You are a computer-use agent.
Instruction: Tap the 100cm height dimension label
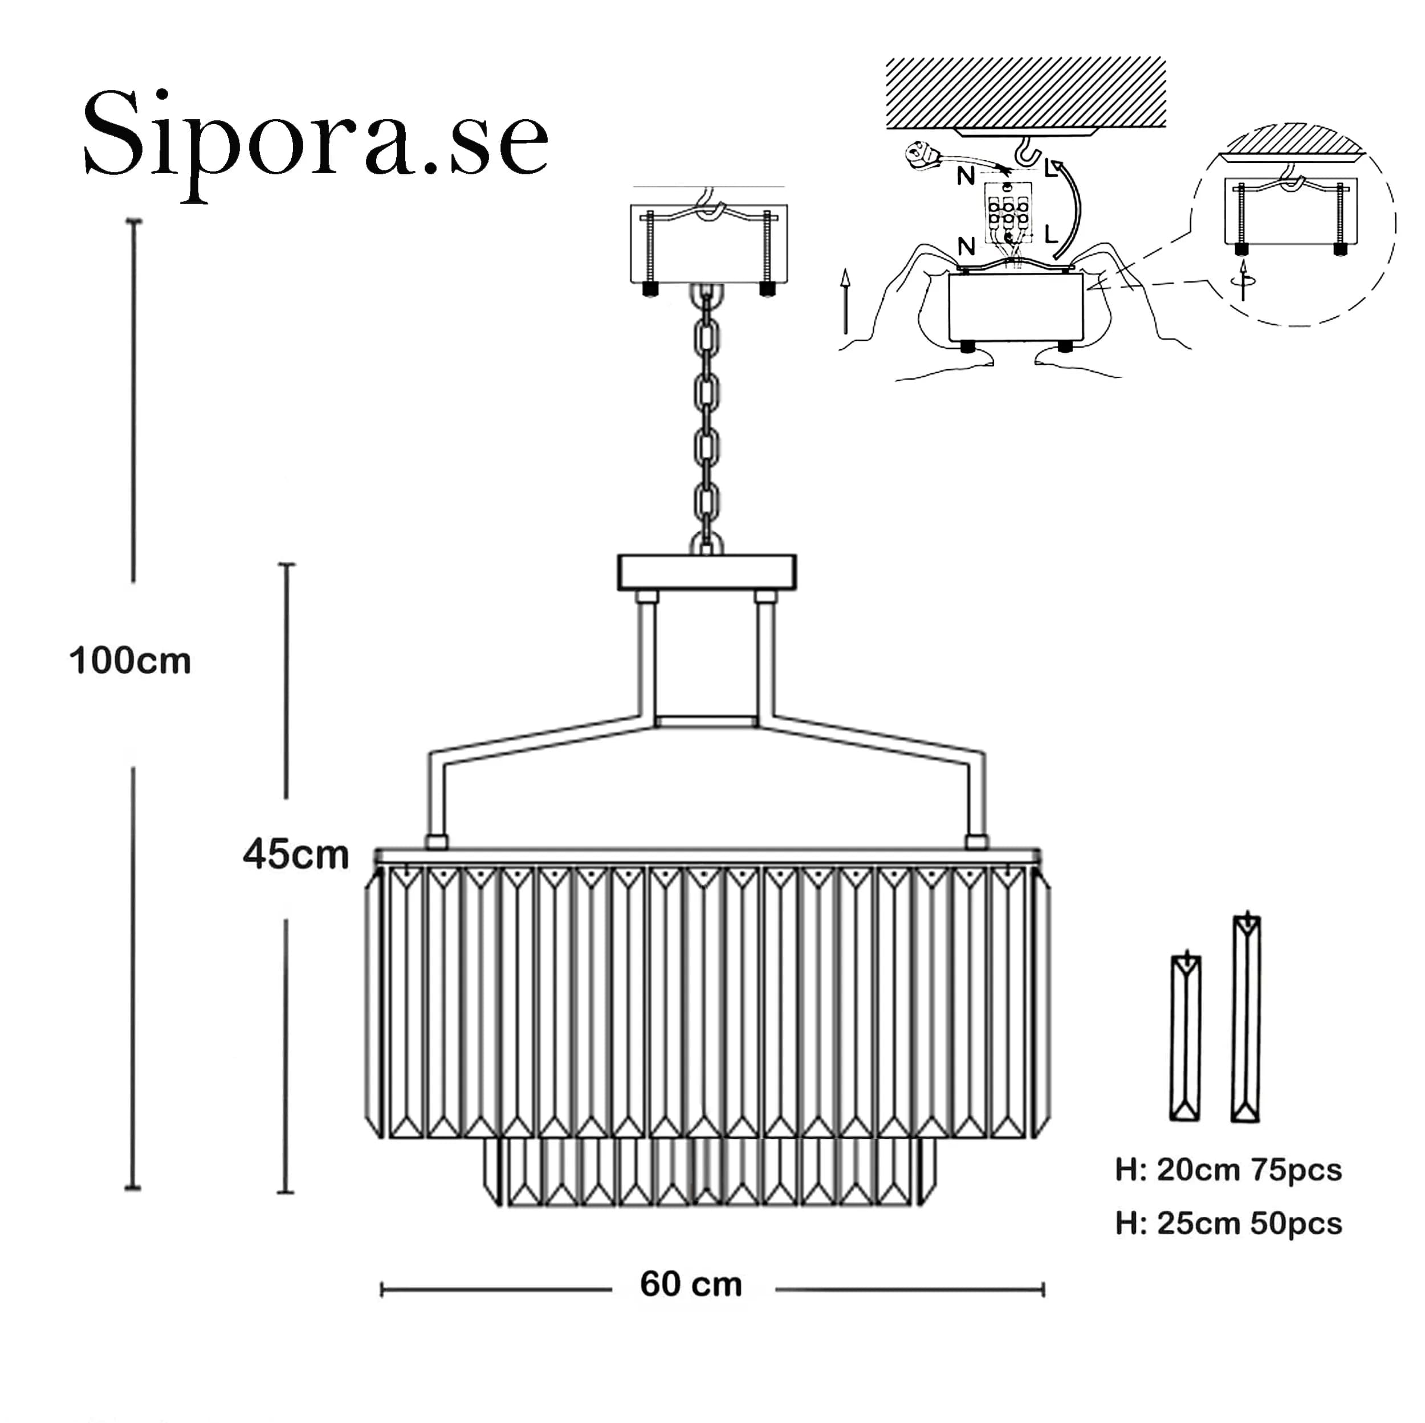(130, 661)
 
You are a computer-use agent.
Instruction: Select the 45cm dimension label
(296, 854)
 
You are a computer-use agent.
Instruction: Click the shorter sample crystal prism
(1185, 1037)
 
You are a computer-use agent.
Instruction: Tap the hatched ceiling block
(1025, 92)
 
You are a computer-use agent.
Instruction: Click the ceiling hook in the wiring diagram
(1026, 153)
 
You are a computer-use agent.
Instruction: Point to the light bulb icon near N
(922, 155)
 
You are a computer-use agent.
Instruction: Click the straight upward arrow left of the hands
(845, 301)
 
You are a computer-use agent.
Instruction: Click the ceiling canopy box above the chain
(709, 244)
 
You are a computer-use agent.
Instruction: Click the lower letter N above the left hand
(966, 246)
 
